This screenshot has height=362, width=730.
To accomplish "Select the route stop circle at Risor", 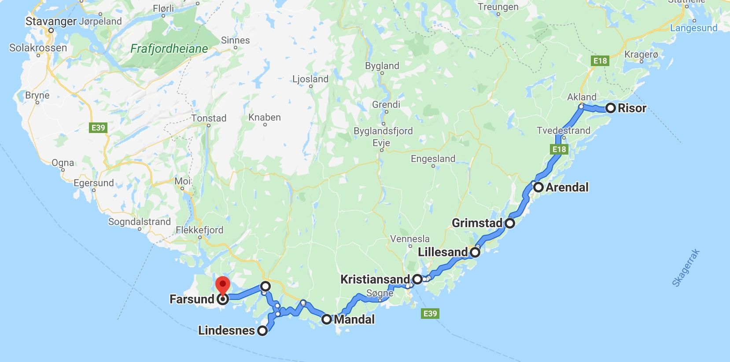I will (610, 108).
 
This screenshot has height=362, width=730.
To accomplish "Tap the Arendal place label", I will (567, 187).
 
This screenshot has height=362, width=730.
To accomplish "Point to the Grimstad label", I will (477, 223).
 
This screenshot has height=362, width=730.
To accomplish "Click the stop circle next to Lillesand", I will (475, 252).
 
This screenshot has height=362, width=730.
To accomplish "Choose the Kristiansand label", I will (375, 279).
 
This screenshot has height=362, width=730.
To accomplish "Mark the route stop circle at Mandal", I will (326, 319).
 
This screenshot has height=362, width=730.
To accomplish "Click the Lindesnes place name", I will (226, 330).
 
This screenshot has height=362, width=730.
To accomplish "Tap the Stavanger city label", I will (51, 21).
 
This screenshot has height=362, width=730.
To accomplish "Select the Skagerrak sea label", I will (686, 268).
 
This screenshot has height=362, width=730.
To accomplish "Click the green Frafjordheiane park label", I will (169, 48).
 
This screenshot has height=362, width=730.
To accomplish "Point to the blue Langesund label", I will (693, 28).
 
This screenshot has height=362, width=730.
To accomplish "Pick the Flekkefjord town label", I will (199, 230).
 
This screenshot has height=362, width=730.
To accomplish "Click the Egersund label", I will (93, 183).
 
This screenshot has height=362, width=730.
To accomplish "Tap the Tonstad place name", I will (209, 118).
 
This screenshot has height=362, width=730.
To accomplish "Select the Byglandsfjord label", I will (383, 131).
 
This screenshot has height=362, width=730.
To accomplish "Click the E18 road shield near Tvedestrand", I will (559, 149).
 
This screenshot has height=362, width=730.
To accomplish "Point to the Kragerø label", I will (641, 55).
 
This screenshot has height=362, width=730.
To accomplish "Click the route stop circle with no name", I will (265, 286).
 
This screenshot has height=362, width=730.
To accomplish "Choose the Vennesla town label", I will (409, 239).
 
